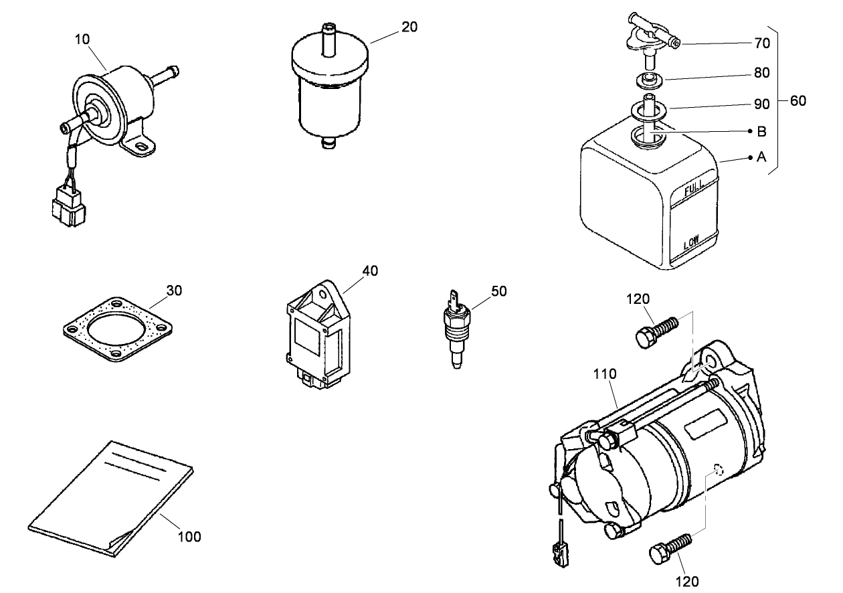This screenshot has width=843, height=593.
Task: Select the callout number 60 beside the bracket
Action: click(x=798, y=101)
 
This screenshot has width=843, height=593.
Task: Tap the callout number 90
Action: click(x=762, y=104)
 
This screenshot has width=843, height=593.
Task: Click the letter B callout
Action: click(x=761, y=132)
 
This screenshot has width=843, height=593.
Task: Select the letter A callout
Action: click(x=761, y=158)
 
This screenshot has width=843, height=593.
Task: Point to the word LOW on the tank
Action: click(x=691, y=242)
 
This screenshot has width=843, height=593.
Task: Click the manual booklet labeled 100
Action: click(x=110, y=499)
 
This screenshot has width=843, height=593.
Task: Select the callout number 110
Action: click(x=605, y=374)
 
